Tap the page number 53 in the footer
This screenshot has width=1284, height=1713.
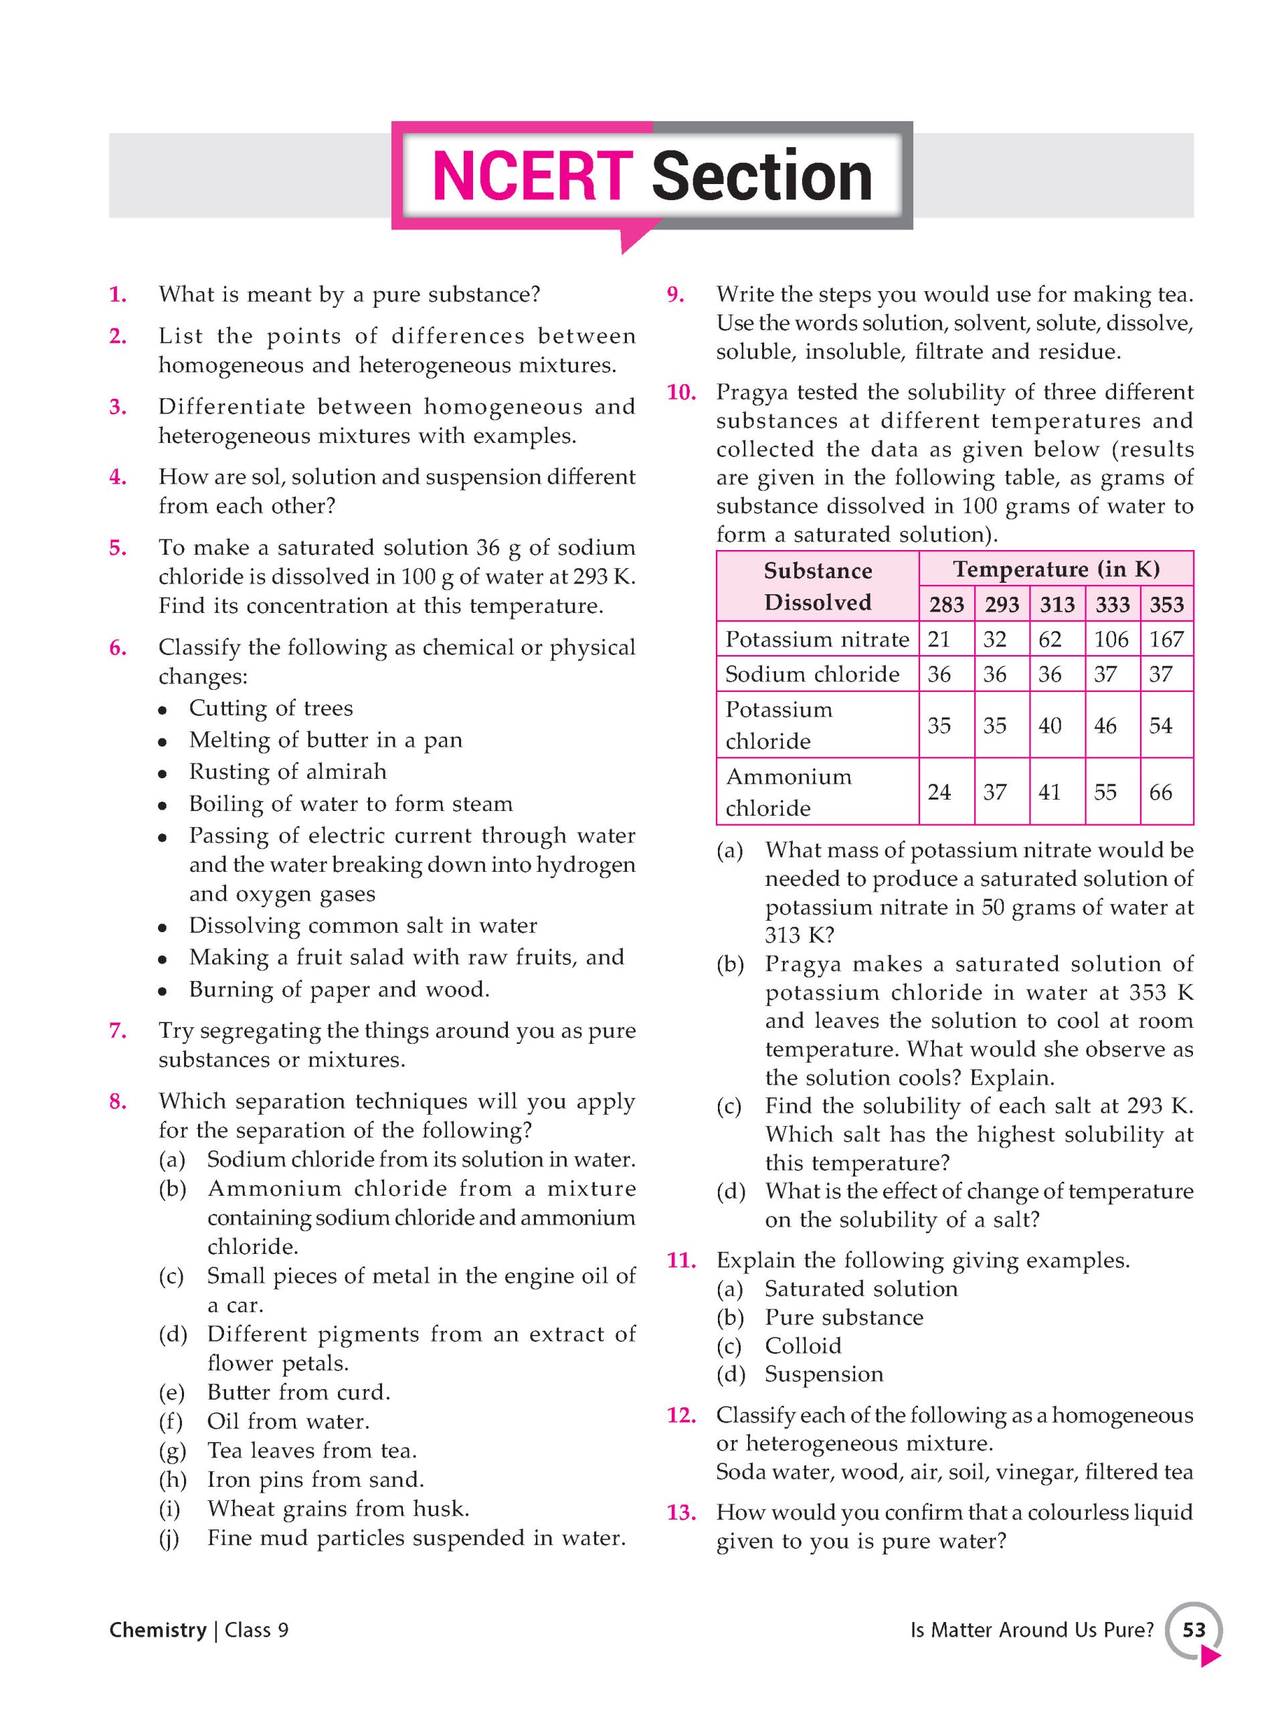[1194, 1629]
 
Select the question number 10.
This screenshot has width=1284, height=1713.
[680, 393]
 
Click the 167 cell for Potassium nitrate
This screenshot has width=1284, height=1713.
[1166, 639]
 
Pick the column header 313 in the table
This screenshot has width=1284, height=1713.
[1057, 604]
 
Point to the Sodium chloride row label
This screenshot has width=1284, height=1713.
[812, 674]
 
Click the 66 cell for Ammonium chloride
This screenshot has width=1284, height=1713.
[1160, 792]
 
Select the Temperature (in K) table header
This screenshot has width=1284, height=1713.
[1057, 569]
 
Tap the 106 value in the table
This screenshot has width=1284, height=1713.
[1111, 639]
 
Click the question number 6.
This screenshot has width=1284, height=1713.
[118, 648]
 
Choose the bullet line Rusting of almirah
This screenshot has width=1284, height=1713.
[287, 772]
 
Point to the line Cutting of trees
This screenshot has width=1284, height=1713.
[271, 708]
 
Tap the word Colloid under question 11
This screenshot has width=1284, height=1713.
[803, 1345]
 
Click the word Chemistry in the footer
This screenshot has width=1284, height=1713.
[158, 1630]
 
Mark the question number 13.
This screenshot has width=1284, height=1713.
[680, 1512]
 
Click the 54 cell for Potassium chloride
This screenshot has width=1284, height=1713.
[1160, 725]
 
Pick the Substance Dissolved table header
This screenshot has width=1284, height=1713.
[818, 586]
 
